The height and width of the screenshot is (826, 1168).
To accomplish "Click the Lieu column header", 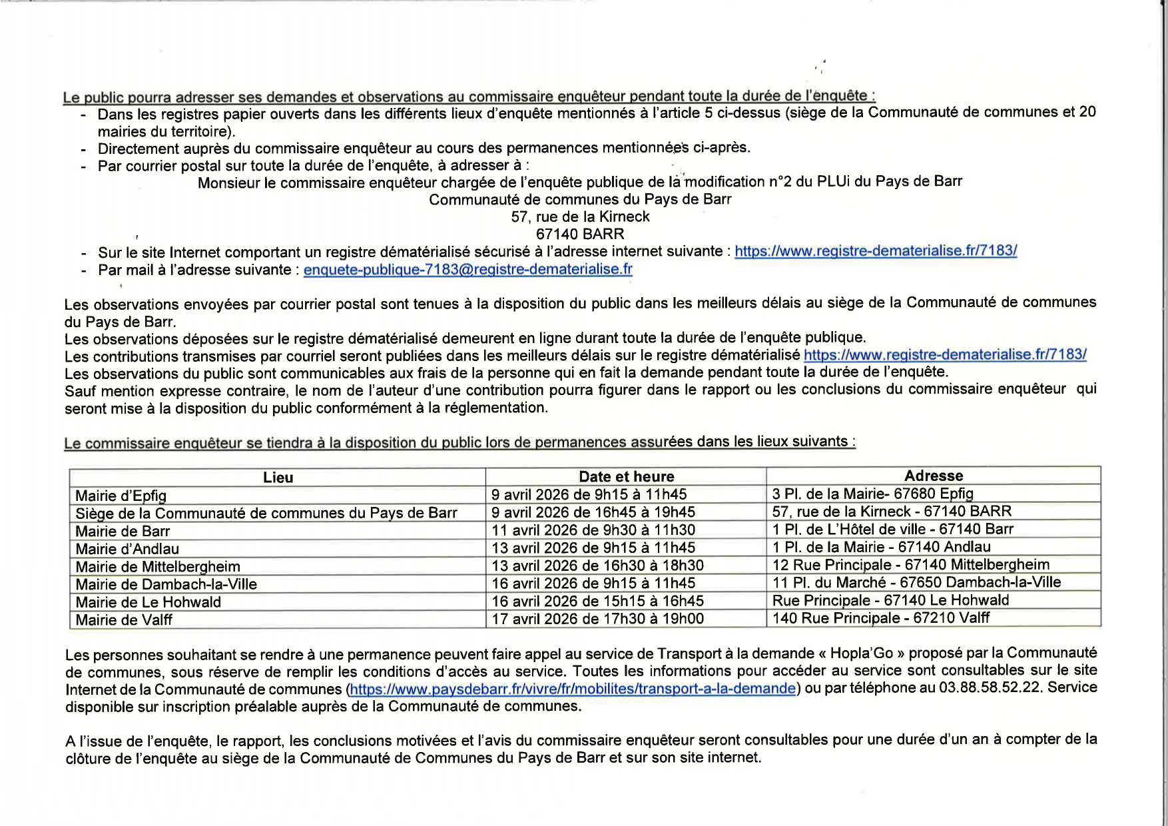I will coord(278,478).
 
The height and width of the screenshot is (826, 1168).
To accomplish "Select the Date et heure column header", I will coord(626,477).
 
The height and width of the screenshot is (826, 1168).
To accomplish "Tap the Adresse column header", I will coord(933,476).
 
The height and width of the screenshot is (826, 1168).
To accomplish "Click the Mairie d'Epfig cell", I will coord(121,496).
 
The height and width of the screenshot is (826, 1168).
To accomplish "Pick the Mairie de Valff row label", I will coord(124,620).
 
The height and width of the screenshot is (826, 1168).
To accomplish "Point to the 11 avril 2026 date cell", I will coord(593,530).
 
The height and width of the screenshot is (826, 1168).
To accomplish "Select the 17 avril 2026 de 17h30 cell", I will coord(597,619).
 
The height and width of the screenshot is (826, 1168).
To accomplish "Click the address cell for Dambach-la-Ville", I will coord(916,582).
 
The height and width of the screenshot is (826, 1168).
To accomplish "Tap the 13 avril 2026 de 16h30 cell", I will coord(597,566).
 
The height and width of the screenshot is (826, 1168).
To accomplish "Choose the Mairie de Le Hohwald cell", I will coord(148,602).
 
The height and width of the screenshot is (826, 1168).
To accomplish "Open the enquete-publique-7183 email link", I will coord(467,270).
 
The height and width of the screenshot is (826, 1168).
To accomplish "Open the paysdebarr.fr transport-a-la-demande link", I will coord(573,689).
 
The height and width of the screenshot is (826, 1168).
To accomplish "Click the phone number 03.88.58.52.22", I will coord(990,687).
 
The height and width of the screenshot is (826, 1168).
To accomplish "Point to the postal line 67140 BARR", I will coord(580,234).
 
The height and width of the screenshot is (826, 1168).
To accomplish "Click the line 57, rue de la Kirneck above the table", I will coord(580,216).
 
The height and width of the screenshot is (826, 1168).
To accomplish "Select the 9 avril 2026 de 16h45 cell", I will coord(593,512).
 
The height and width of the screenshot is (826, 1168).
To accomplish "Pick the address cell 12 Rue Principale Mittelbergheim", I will coord(910,565).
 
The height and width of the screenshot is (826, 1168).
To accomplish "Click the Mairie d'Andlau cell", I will coord(127,549).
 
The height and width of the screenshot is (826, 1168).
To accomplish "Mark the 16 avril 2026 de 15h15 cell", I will coord(597,601).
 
